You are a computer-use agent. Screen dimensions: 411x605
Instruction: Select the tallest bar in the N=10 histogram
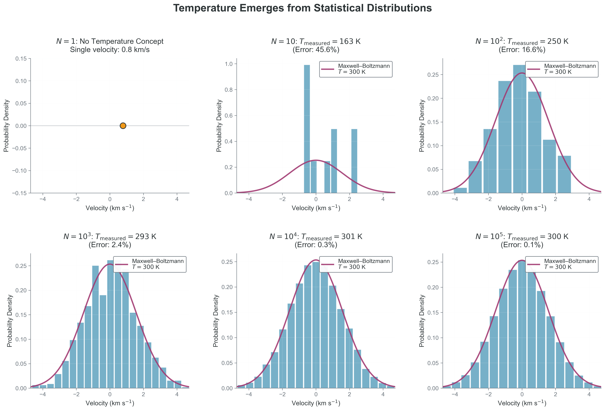[307, 129]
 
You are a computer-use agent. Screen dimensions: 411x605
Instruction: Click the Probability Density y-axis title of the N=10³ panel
[10, 321]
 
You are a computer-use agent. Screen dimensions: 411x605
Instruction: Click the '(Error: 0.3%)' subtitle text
[316, 245]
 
